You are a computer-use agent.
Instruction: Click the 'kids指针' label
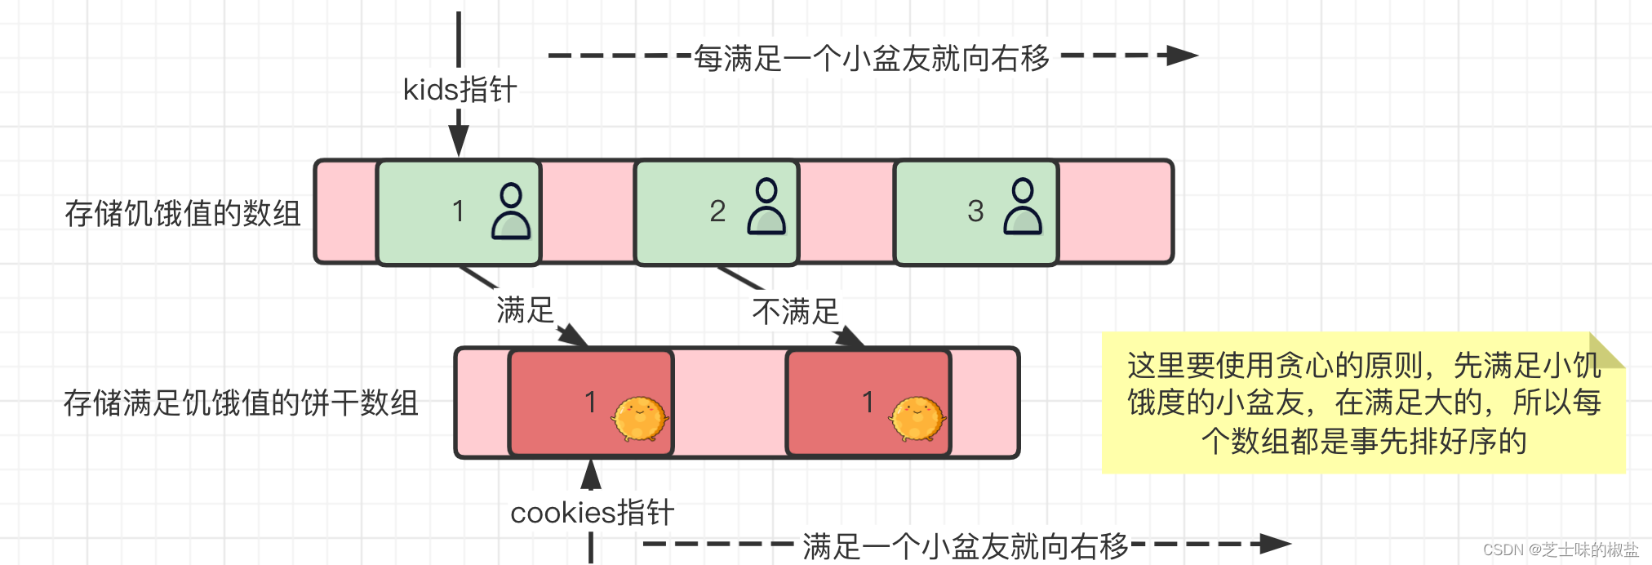point(460,90)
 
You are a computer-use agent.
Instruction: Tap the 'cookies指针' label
point(592,513)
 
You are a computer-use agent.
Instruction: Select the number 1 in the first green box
point(458,211)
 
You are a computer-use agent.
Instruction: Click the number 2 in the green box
point(717,211)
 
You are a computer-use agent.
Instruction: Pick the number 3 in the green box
point(975,211)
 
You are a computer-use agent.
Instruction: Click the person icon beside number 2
point(766,208)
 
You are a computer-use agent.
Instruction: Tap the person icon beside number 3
point(1023,208)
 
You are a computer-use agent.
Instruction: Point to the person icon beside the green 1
point(511,211)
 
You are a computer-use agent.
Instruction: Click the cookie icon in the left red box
point(640,419)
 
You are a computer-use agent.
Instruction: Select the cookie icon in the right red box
point(917,419)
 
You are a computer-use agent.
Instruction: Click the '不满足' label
point(795,312)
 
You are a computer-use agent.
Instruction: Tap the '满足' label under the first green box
point(525,310)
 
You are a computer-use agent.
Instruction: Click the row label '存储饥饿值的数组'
point(183,213)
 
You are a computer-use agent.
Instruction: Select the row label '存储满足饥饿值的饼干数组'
point(241,403)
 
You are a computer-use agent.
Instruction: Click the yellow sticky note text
point(1363,403)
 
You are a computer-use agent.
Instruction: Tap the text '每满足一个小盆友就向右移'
point(871,58)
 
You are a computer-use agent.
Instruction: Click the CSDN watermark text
point(1560,550)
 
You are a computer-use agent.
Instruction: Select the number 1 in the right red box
point(868,403)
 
